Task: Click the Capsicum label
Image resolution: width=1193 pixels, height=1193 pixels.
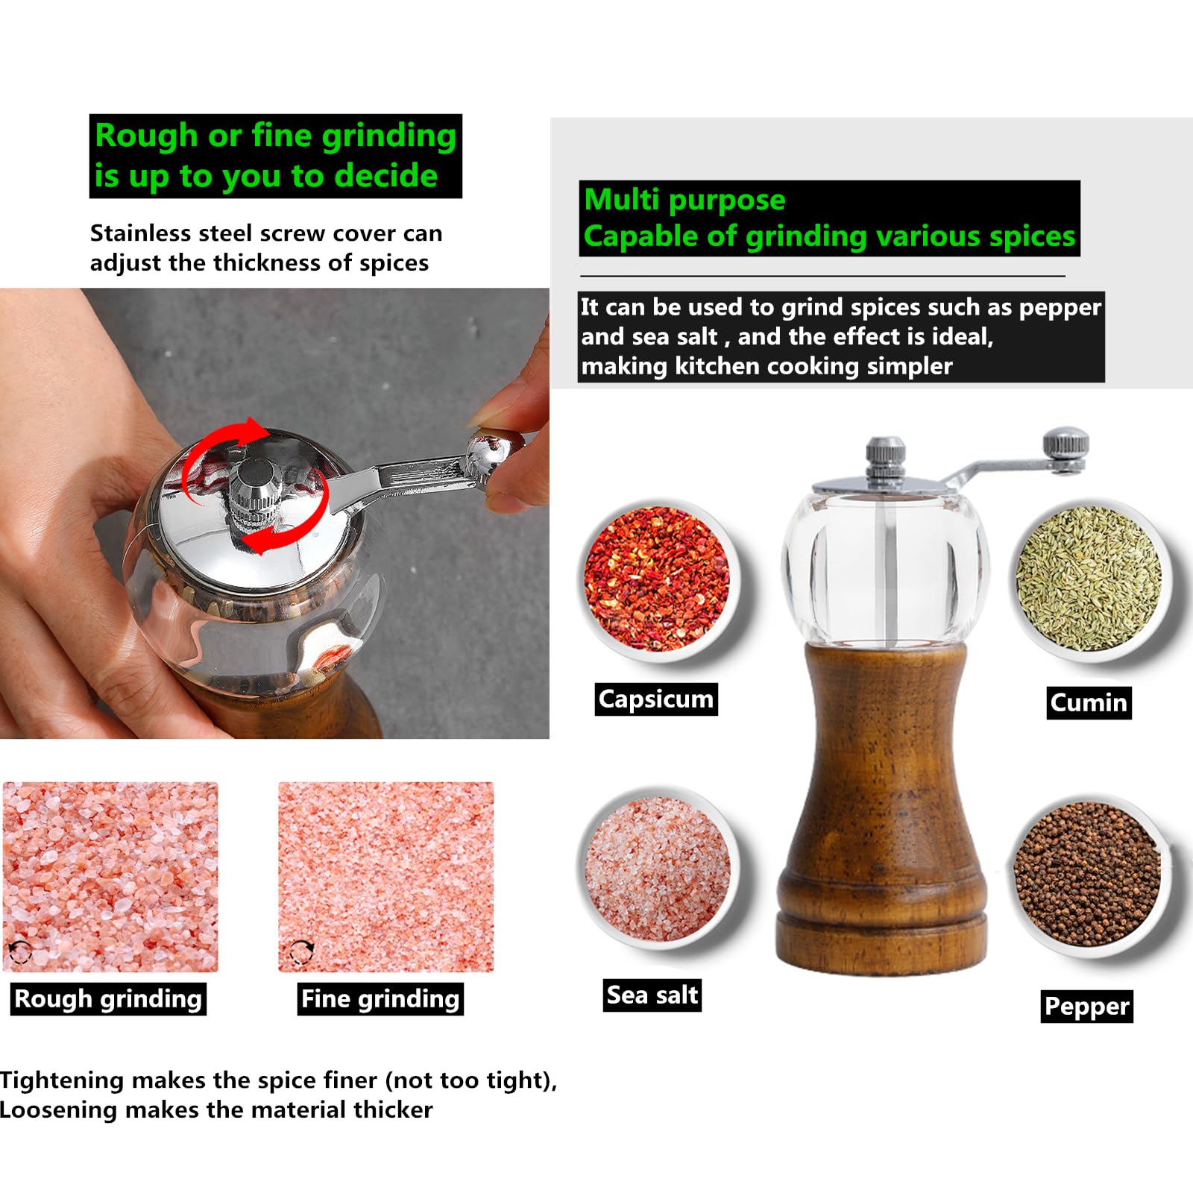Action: (656, 699)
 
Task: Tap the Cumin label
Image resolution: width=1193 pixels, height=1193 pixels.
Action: (1089, 702)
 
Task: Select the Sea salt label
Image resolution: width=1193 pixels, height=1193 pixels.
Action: (652, 995)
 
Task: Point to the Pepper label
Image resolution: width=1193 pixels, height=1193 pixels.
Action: (1087, 1006)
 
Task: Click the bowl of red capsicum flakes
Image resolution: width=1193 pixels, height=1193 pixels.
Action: (659, 580)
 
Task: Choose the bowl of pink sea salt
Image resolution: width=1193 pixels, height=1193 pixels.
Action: (659, 869)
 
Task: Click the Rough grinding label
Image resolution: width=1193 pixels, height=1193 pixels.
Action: (108, 999)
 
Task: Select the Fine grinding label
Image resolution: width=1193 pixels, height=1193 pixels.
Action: (380, 999)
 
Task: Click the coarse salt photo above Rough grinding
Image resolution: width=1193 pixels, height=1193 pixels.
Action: (110, 877)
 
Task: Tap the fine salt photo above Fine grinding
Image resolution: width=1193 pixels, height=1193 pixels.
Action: (386, 877)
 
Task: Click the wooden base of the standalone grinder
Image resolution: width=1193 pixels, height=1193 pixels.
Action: (882, 809)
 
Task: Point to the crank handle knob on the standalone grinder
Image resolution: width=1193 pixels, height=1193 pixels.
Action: (1066, 445)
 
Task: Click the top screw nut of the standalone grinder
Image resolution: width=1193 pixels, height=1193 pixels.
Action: (886, 456)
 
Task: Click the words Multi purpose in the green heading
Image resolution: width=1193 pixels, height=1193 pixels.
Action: (684, 200)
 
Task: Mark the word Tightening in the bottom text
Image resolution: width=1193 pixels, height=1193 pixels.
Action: (62, 1081)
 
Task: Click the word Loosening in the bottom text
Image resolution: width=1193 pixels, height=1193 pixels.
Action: (58, 1110)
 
